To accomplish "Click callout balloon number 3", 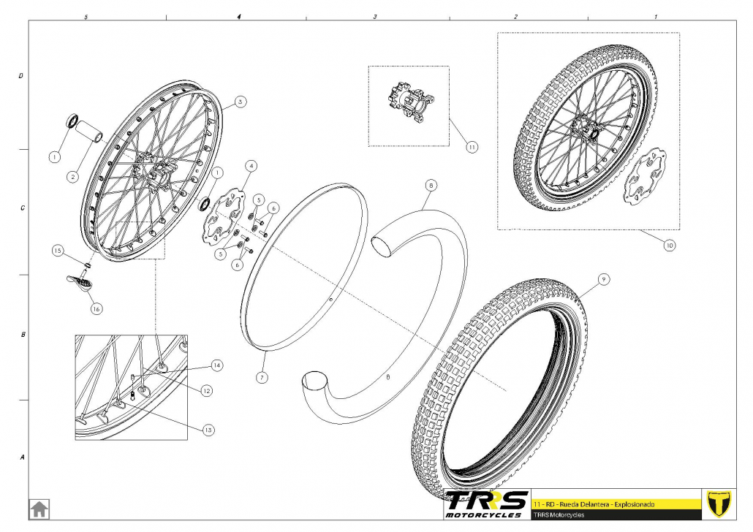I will (241, 102).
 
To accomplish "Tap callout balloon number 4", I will (251, 166).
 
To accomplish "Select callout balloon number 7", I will (262, 378).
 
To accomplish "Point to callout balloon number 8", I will (431, 186).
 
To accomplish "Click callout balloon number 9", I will (603, 279).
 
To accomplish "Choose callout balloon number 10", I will (669, 246).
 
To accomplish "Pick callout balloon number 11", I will (472, 147).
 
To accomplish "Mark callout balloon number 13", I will (208, 430).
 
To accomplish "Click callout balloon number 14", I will (216, 364).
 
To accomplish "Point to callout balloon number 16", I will (96, 308).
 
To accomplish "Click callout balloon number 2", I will (73, 175).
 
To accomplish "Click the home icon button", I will (39, 508).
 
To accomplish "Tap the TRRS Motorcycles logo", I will (486, 504).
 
